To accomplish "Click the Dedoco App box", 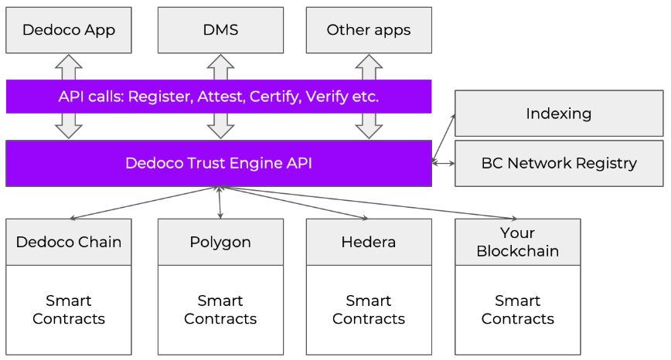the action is [x=69, y=30].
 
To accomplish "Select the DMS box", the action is [x=220, y=30].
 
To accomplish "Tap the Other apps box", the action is [x=369, y=30].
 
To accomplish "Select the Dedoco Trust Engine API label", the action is [x=219, y=163].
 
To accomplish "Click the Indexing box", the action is [x=559, y=114].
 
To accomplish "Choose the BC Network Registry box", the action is [x=559, y=163].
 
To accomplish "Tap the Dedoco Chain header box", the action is [x=69, y=242].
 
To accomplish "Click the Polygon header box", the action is [x=220, y=242].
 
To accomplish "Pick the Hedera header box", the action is [x=369, y=242].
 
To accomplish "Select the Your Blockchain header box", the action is [x=518, y=242].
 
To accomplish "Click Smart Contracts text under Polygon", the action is [x=220, y=310].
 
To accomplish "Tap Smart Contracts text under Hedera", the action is [x=369, y=310].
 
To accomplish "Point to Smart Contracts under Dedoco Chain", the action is [x=69, y=310].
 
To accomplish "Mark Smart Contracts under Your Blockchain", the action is [x=518, y=310].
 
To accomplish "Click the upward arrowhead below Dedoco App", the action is [x=69, y=61].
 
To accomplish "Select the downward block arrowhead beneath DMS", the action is [x=220, y=131].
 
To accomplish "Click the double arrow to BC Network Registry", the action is [x=444, y=163].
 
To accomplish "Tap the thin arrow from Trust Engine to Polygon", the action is [x=220, y=202].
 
